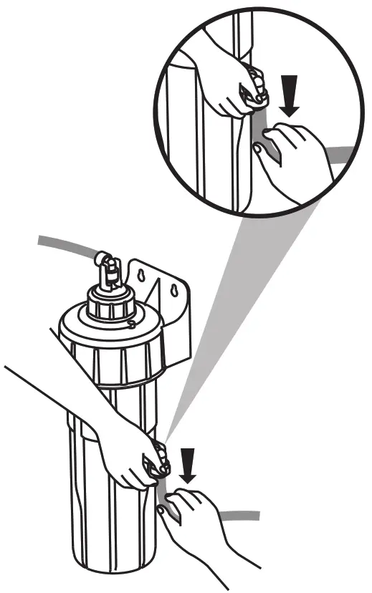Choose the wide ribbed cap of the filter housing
click(x=108, y=344)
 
